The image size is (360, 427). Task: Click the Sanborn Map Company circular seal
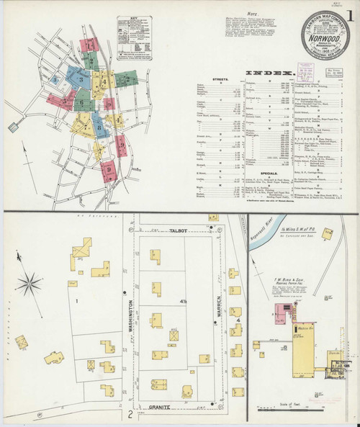(323, 35)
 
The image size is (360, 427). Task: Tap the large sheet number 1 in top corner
(349, 13)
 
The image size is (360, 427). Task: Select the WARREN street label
(223, 311)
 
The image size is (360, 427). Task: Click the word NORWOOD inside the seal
(323, 33)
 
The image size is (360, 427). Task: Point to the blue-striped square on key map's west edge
(11, 127)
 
